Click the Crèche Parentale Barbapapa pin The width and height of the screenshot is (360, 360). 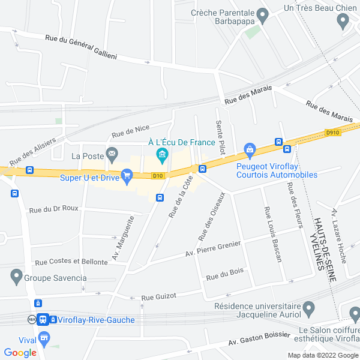(262, 13)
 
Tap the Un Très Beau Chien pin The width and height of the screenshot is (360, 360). (343, 22)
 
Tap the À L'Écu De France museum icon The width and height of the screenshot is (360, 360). (161, 157)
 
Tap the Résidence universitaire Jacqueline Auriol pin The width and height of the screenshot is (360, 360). (309, 310)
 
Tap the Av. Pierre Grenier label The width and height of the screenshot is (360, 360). (212, 248)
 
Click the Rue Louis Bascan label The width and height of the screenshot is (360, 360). (272, 234)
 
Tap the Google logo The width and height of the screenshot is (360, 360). (20, 353)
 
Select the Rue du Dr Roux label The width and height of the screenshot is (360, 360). (53, 209)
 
